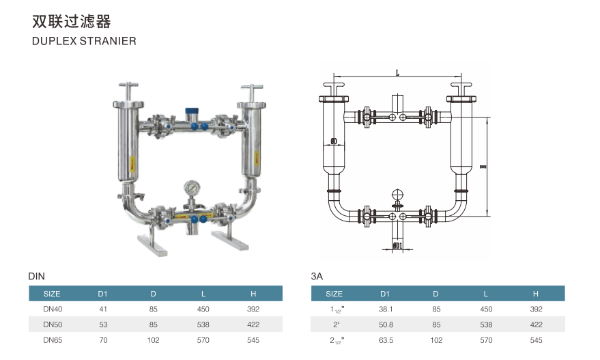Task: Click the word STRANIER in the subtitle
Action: pyautogui.click(x=110, y=41)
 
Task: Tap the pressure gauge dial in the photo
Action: pyautogui.click(x=191, y=187)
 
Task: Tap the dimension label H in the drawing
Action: pyautogui.click(x=481, y=166)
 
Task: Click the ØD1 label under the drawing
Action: pyautogui.click(x=398, y=245)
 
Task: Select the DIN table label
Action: pyautogui.click(x=36, y=277)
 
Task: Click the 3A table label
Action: pyautogui.click(x=317, y=277)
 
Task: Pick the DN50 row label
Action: pyautogui.click(x=53, y=324)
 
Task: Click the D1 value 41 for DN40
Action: pyautogui.click(x=104, y=309)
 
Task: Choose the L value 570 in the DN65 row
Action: pyautogui.click(x=203, y=340)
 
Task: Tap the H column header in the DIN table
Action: pyautogui.click(x=253, y=294)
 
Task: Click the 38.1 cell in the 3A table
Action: pyautogui.click(x=385, y=309)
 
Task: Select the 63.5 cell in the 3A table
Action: pyautogui.click(x=385, y=340)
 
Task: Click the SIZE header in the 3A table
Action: pyautogui.click(x=334, y=294)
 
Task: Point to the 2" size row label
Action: pyautogui.click(x=334, y=324)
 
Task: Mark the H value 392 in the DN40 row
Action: pyautogui.click(x=253, y=309)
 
